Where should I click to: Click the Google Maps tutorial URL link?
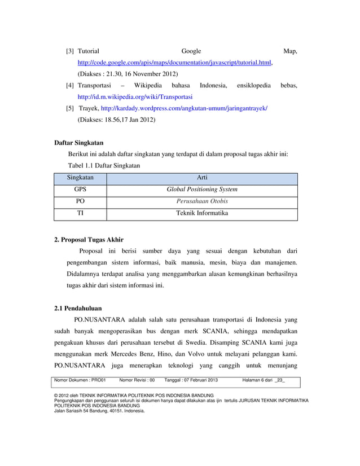[x=175, y=63]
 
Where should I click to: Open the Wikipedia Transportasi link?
[x=135, y=96]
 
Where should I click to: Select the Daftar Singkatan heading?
[x=78, y=142]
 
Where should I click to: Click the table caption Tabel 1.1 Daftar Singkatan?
[x=104, y=166]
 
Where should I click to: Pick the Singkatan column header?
[x=80, y=178]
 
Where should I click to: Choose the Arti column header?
[x=201, y=178]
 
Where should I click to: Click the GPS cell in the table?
[x=80, y=190]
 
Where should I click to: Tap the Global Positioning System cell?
[x=201, y=190]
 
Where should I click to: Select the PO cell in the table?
[x=80, y=201]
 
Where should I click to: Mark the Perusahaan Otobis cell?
[x=201, y=201]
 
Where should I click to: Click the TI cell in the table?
[x=80, y=214]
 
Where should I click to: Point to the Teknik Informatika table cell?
[x=201, y=214]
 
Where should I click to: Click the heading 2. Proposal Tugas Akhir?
[x=89, y=239]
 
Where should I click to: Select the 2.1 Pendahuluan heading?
[x=79, y=309]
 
